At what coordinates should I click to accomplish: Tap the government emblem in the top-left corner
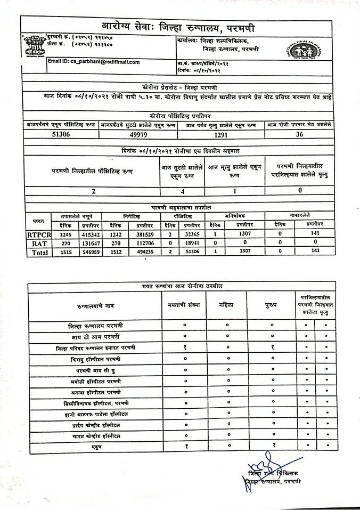(x=32, y=45)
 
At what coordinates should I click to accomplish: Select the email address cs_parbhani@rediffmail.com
(x=94, y=62)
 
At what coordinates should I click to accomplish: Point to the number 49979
(x=138, y=135)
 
